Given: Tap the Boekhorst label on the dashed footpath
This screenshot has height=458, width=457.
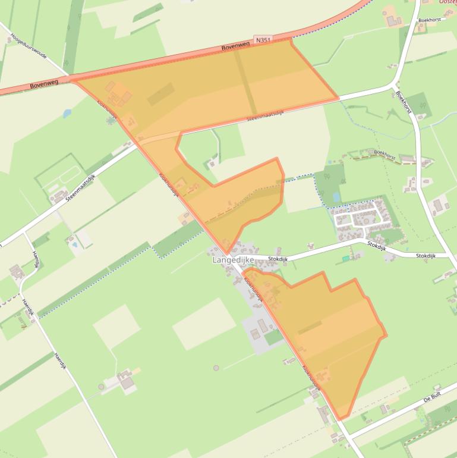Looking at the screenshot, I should (384, 153).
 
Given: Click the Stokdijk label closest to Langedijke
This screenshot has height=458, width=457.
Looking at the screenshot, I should (278, 259).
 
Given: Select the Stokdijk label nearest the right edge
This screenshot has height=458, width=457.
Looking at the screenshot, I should (426, 256).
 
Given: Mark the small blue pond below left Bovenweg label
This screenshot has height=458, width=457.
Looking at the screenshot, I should (66, 112).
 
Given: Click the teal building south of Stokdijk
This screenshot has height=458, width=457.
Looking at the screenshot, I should (346, 259).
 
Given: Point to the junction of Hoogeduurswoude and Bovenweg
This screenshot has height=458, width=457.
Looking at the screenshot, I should (70, 77).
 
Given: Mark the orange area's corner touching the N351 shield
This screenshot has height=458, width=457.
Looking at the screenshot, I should (291, 40).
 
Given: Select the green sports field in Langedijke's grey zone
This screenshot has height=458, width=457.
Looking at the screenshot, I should (274, 337).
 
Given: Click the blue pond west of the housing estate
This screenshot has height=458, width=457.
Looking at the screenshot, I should (337, 196).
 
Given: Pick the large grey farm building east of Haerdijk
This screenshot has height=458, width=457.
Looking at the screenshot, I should (128, 383).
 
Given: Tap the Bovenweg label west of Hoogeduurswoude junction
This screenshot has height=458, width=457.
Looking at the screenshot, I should (44, 84).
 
